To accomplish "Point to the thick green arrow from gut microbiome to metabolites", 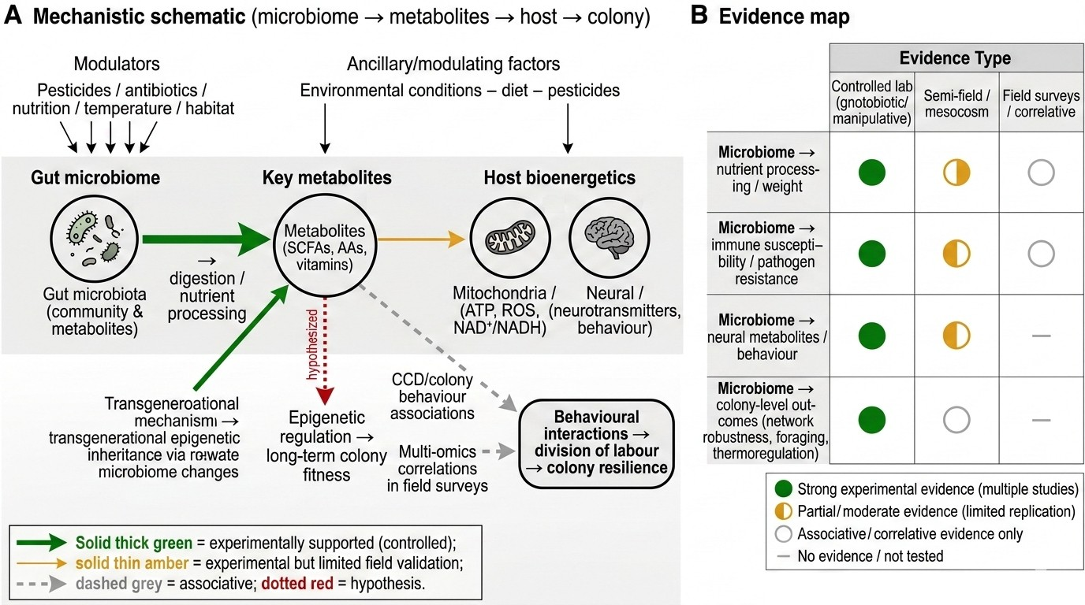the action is click(x=207, y=239).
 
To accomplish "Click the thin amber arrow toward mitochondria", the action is click(x=421, y=239).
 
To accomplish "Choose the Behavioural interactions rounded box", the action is click(x=596, y=443).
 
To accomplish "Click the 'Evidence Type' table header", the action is click(x=955, y=58).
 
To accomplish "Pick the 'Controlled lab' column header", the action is click(x=872, y=102).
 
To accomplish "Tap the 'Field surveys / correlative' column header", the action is click(x=1041, y=103).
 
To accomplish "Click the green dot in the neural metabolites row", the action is click(x=872, y=336).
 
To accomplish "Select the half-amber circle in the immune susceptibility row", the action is click(x=956, y=254).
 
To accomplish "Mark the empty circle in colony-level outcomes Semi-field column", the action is click(x=956, y=420).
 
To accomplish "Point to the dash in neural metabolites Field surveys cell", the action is click(x=1041, y=336).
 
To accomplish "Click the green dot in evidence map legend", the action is click(x=783, y=489).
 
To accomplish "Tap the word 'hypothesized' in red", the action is click(x=312, y=344).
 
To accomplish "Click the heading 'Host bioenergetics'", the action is click(x=560, y=177).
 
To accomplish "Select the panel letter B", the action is click(x=699, y=16).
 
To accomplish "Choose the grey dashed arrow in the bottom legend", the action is click(x=41, y=584).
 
